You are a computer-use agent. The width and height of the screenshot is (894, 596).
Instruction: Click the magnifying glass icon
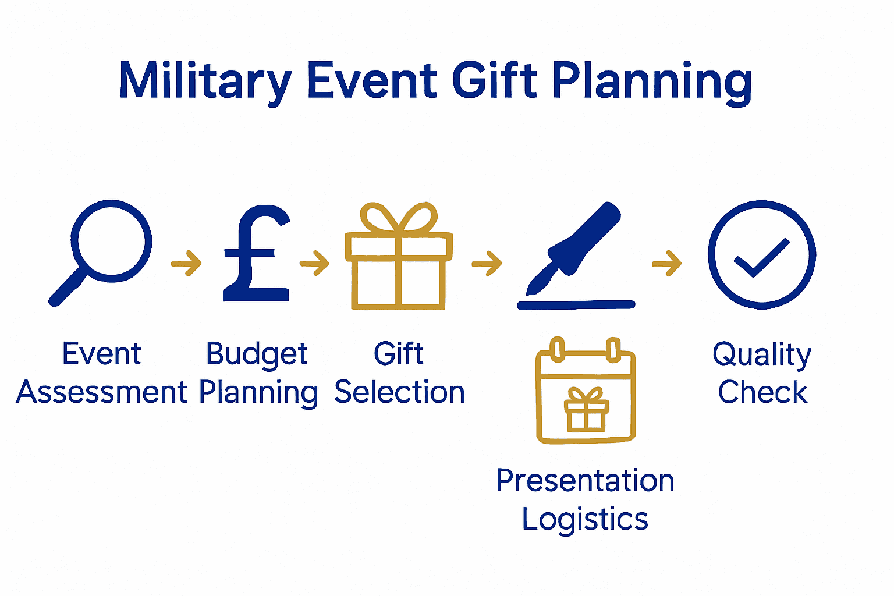pos(102,250)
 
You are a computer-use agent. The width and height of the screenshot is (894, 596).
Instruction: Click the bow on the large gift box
pos(399,218)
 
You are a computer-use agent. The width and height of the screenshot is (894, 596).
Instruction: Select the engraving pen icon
pos(576,250)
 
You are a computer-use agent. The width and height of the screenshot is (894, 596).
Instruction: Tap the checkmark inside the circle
pos(761,257)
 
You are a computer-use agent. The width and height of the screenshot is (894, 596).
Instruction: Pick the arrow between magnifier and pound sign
pos(186,263)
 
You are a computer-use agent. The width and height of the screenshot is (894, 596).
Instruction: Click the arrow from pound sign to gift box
pos(314,263)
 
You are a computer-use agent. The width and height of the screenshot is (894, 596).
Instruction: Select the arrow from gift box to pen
pos(487,264)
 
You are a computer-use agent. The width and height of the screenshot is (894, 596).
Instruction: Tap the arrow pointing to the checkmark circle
pos(667,264)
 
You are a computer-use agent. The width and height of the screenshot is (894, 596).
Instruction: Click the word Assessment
pos(102,392)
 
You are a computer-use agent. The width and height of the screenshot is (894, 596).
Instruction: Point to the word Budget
pos(257,354)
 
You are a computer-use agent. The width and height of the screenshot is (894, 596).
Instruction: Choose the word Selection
pos(399,392)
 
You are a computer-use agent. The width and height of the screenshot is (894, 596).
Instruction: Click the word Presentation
pos(585,481)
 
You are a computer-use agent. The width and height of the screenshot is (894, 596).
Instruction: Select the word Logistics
pos(585,519)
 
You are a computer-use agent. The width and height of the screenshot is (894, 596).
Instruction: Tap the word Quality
pos(762,354)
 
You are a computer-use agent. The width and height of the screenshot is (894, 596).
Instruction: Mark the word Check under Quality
pos(762,392)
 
